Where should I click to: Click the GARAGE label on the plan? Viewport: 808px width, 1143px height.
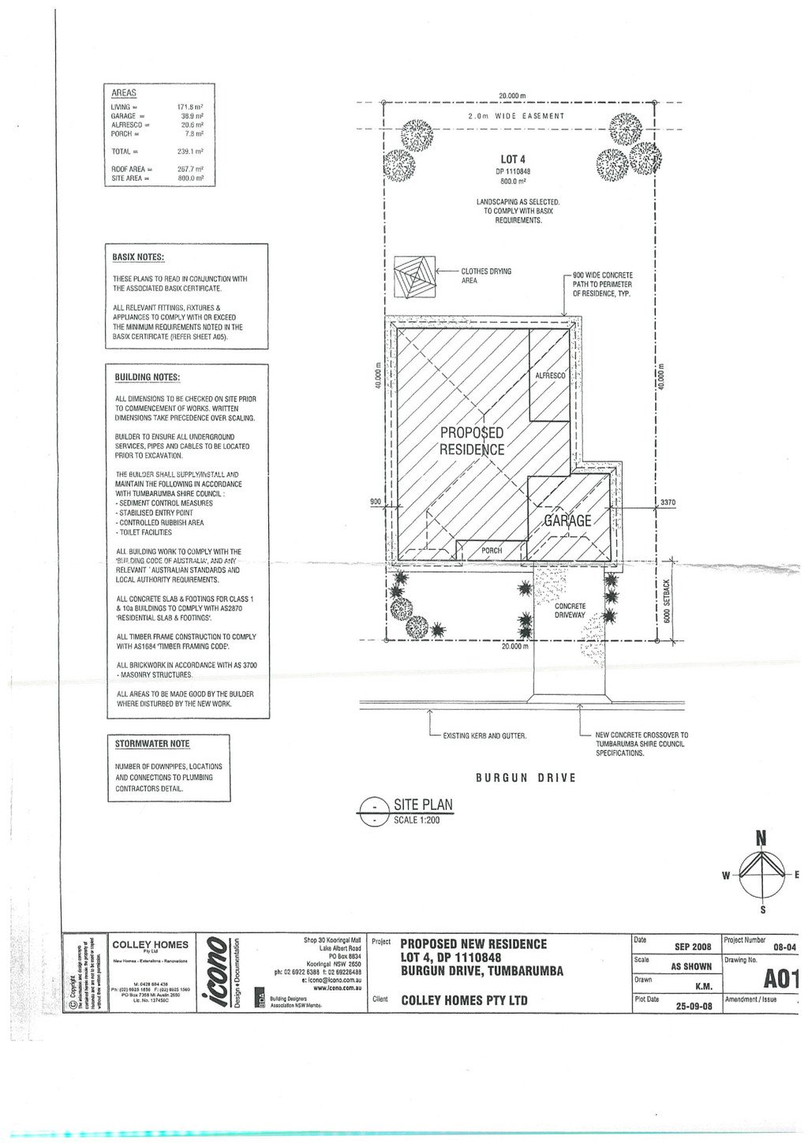(567, 521)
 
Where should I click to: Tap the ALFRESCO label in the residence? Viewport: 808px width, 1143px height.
(550, 376)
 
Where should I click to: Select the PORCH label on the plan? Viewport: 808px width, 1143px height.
(492, 551)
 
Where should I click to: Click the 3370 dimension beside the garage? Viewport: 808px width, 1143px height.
(667, 502)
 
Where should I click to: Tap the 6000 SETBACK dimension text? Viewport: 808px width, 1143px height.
(667, 600)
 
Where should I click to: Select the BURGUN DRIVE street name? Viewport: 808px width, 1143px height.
(526, 778)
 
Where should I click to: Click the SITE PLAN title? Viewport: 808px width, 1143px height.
(423, 805)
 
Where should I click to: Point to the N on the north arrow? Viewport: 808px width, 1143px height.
(761, 839)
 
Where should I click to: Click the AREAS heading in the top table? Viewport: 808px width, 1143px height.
(124, 93)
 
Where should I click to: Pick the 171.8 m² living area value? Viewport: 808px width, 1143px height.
(190, 106)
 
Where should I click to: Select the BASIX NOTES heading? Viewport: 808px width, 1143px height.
(138, 257)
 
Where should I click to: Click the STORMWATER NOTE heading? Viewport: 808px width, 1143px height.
(152, 744)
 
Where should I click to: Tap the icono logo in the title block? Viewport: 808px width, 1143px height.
(219, 972)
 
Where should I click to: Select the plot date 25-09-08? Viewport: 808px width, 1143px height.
(694, 1006)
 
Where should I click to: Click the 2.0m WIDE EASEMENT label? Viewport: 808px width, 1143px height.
(517, 116)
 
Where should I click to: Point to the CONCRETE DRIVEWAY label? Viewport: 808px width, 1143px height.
(570, 611)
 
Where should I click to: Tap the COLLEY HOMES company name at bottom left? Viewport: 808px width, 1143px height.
(150, 944)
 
